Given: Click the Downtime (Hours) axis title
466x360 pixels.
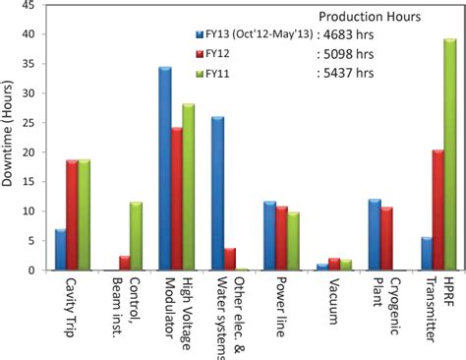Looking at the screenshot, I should [x=9, y=138].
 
